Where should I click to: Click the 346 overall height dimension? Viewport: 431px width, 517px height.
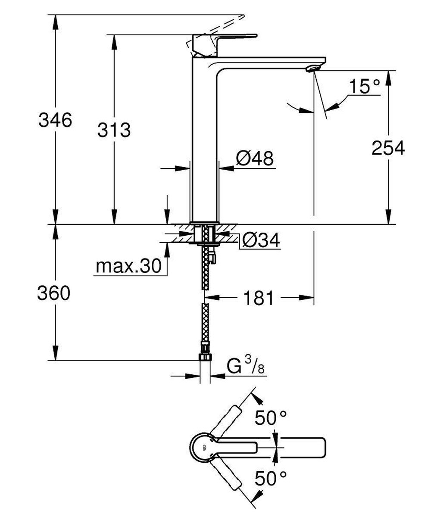pos(55,120)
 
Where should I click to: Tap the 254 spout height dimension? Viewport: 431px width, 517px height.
pos(388,148)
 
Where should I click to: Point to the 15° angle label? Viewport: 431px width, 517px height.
pos(365,87)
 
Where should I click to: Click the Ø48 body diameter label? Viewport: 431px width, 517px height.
pos(254,158)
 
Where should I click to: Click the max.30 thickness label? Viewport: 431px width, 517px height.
pos(128,267)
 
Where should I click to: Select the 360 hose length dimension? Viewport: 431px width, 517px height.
pos(53,293)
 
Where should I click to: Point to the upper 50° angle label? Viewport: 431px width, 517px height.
pos(271,417)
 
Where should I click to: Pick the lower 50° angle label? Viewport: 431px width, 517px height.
pos(271,477)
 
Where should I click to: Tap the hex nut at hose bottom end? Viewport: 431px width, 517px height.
pos(206,358)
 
